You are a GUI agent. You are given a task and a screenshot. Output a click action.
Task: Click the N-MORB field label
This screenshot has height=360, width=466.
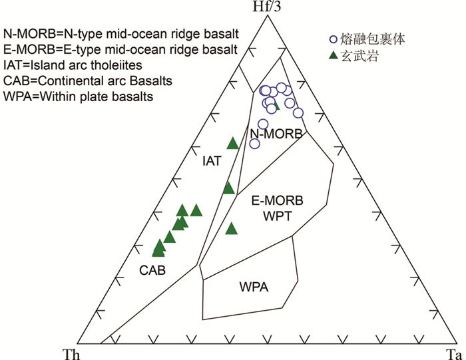pos(276,134)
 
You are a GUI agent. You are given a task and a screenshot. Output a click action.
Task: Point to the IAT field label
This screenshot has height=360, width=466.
pos(212,161)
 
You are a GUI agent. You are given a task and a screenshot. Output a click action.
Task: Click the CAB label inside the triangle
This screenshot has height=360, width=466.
pos(152,270)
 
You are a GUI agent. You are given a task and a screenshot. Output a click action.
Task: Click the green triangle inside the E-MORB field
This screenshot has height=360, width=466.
pos(231,229)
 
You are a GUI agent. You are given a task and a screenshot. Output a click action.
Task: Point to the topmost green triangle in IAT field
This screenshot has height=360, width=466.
pos(232,142)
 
